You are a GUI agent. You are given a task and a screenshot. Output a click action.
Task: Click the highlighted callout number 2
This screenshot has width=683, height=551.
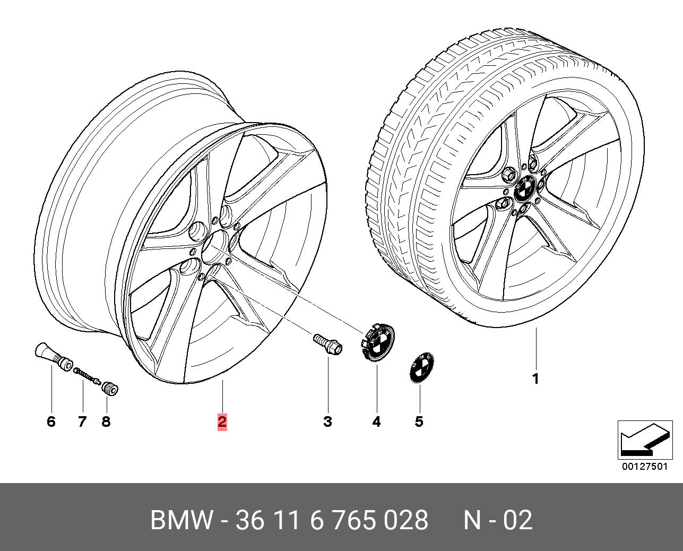pyautogui.click(x=222, y=422)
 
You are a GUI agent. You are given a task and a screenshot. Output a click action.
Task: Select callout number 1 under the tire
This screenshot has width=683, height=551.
pyautogui.click(x=536, y=379)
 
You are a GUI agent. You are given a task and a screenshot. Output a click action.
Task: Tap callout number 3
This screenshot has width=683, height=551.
pyautogui.click(x=327, y=422)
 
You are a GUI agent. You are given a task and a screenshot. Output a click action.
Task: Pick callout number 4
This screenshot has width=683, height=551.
pyautogui.click(x=376, y=422)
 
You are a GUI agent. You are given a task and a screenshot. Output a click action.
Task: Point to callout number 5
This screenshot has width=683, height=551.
pyautogui.click(x=419, y=422)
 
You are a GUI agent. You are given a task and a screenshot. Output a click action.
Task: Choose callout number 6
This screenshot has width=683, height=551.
pyautogui.click(x=51, y=422)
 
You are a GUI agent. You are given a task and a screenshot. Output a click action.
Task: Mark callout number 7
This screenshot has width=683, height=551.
pyautogui.click(x=82, y=422)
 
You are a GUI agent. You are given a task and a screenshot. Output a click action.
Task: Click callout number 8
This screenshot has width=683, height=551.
pyautogui.click(x=106, y=422)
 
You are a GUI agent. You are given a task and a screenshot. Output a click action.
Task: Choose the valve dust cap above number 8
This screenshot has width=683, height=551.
pyautogui.click(x=109, y=389)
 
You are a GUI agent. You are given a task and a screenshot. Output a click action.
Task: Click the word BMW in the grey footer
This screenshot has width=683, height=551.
pyautogui.click(x=181, y=520)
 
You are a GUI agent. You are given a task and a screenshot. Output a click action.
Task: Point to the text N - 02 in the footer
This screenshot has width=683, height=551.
pyautogui.click(x=498, y=520)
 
